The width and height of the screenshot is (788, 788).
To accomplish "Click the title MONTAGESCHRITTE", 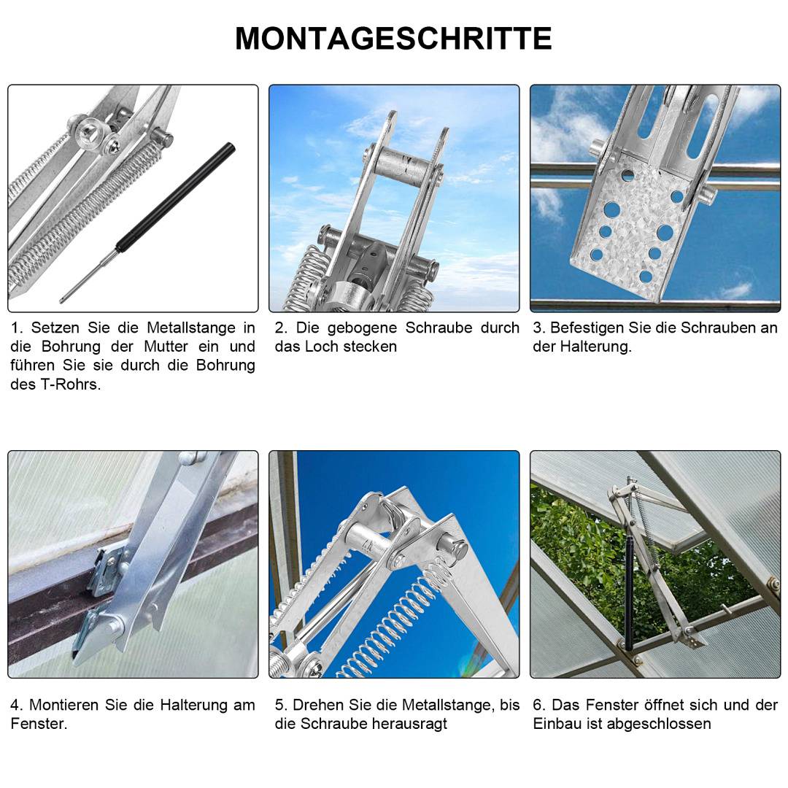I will (393, 39).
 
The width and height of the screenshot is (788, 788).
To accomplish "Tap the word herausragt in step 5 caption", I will (409, 724).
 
